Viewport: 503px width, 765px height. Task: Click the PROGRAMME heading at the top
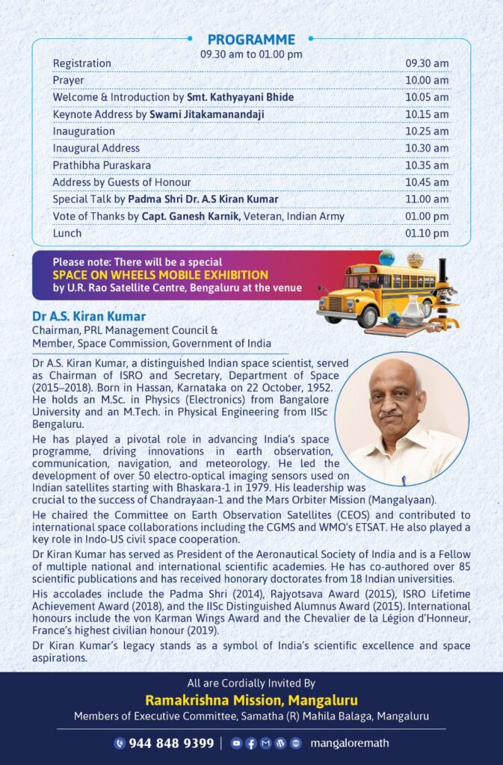251,40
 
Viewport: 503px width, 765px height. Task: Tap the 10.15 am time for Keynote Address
427,114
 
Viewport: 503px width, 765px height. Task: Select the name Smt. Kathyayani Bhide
240,97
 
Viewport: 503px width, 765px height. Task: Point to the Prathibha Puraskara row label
101,165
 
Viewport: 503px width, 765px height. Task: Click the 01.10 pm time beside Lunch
427,233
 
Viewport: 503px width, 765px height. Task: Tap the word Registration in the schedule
82,64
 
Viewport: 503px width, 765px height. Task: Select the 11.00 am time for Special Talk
427,199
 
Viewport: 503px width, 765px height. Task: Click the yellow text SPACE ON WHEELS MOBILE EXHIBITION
161,275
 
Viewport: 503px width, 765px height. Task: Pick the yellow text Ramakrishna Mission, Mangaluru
251,700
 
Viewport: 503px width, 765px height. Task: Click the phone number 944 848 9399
171,743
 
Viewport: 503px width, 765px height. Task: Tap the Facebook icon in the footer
250,743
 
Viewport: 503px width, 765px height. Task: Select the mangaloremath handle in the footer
349,743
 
